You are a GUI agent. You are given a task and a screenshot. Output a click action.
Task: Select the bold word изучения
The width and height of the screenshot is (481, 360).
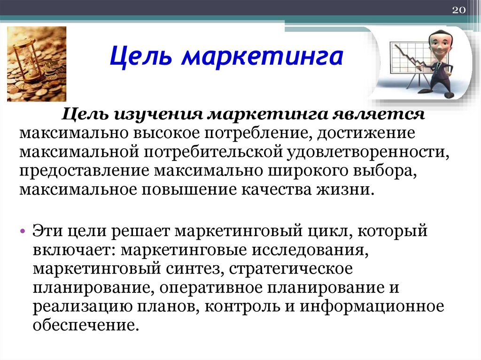(x=157, y=115)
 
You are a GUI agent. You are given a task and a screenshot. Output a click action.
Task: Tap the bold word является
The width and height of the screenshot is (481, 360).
(x=380, y=115)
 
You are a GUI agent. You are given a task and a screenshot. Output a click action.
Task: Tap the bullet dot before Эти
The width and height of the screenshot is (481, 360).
(x=22, y=233)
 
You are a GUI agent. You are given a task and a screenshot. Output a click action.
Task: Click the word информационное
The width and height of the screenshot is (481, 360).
(x=372, y=306)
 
